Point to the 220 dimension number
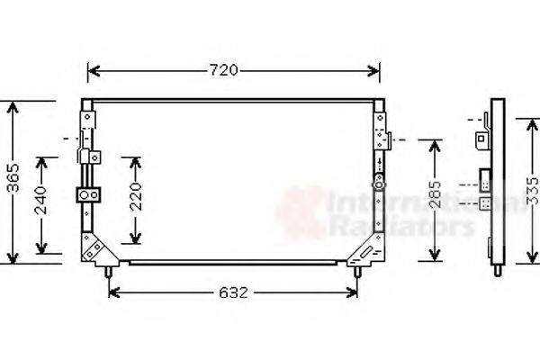(134, 200)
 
